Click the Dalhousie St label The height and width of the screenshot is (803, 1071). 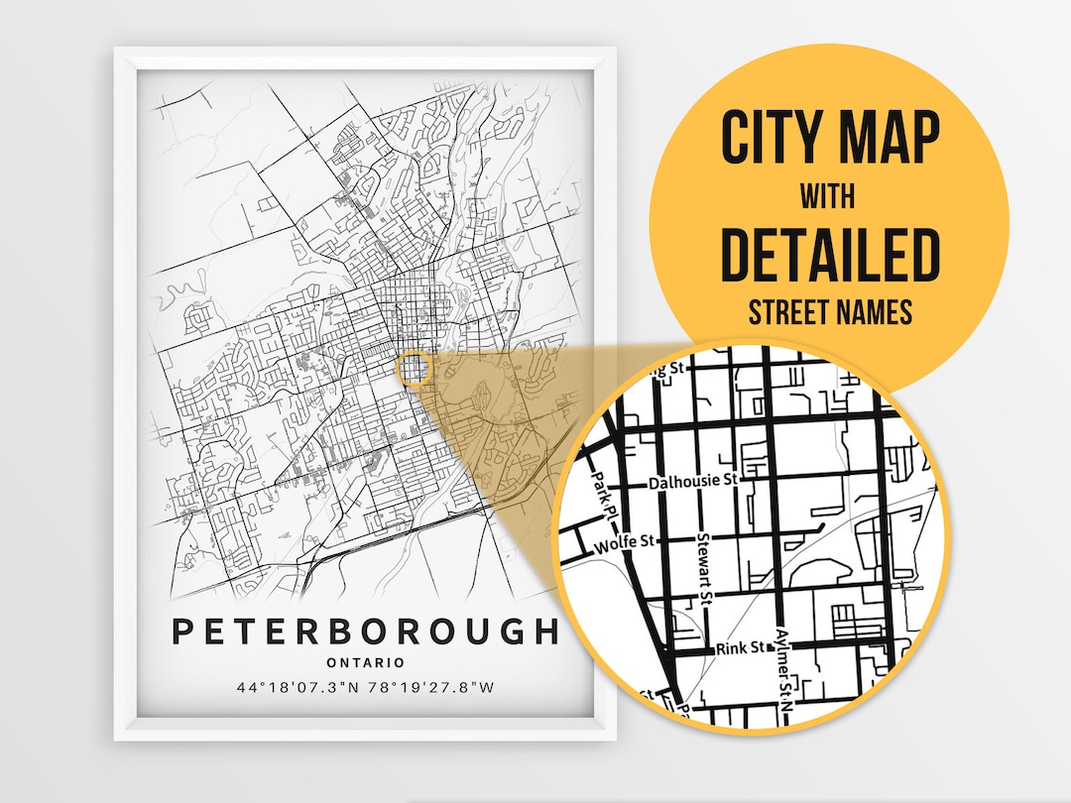click(694, 482)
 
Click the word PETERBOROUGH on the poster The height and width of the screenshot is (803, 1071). click(366, 631)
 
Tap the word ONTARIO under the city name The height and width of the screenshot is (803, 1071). click(365, 662)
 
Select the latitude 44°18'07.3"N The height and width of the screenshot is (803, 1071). click(298, 687)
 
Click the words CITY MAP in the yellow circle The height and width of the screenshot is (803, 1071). click(829, 139)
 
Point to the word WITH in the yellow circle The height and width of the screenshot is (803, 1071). click(829, 197)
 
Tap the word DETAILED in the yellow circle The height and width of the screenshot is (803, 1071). click(829, 255)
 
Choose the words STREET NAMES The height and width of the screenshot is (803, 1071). click(829, 313)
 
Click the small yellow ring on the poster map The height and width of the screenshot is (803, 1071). click(416, 368)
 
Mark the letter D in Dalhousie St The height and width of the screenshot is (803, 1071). click(654, 482)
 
